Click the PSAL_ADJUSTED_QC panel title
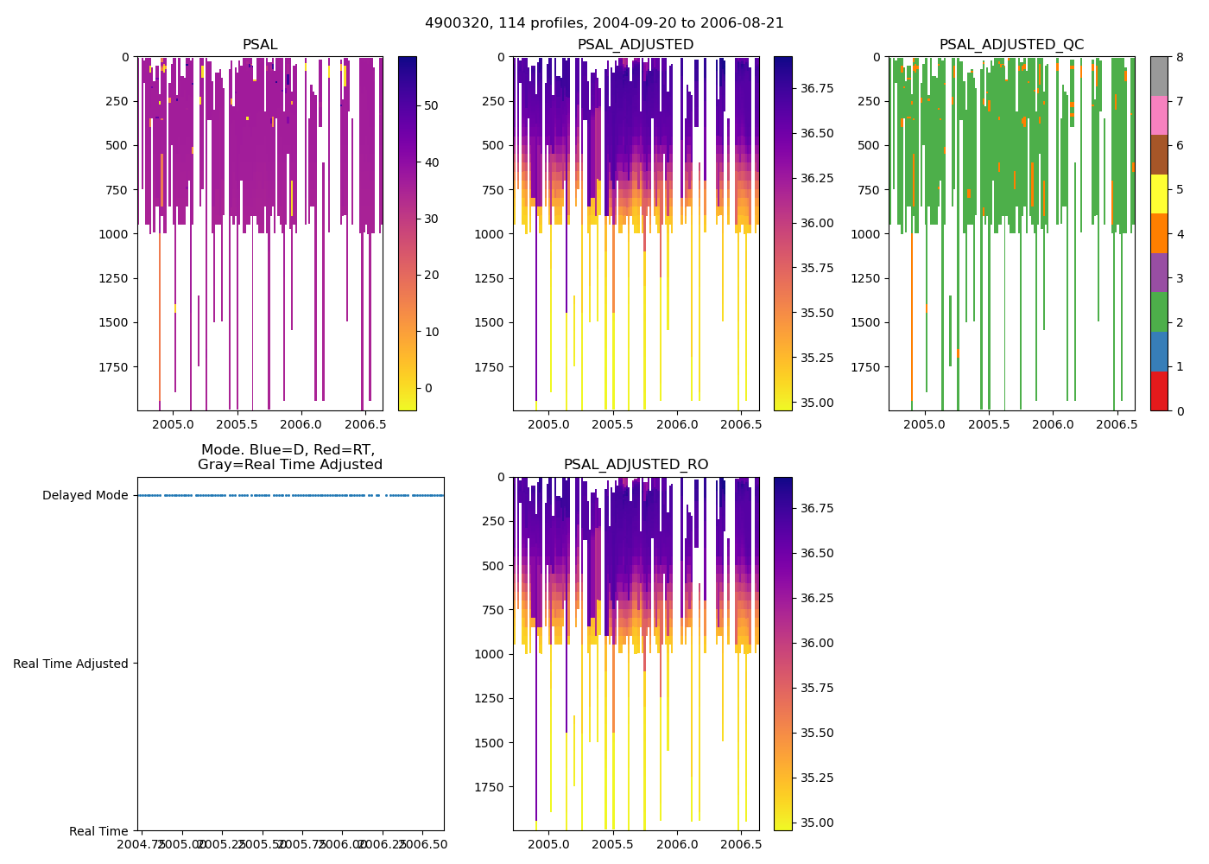coord(1011,45)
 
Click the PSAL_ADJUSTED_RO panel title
coord(636,465)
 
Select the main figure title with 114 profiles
coord(604,23)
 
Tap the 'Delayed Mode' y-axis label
coord(85,495)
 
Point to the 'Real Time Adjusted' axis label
coord(71,664)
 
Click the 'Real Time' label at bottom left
coord(98,831)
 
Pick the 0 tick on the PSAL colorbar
coord(427,388)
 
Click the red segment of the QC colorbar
coord(1159,391)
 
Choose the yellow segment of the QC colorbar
coord(1159,194)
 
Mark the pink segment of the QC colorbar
coord(1159,115)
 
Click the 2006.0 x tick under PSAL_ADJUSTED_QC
coord(1053,424)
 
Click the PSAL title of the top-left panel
coord(260,45)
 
